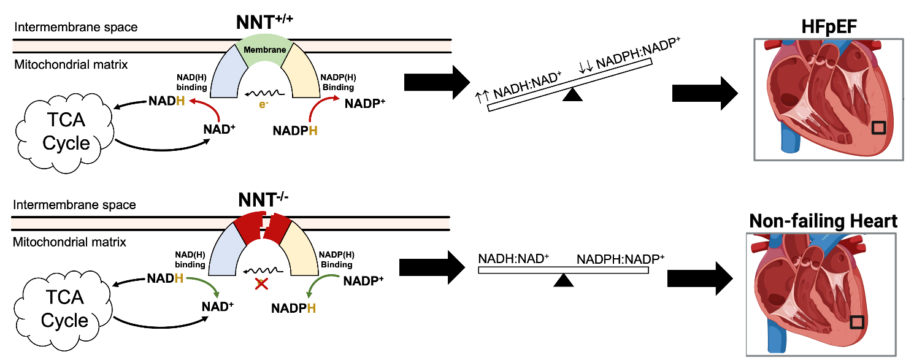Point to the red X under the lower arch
261,283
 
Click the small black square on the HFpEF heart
879,128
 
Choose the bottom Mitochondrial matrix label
70,242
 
